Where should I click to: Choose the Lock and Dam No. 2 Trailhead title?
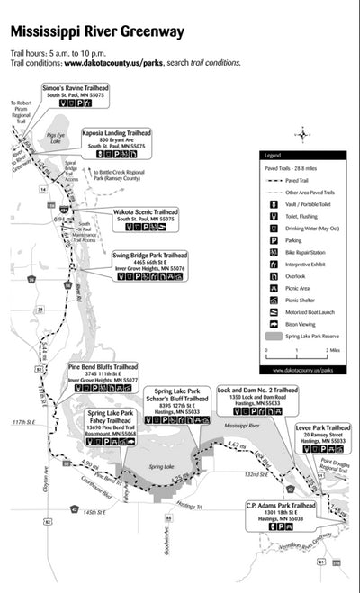pos(258,390)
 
